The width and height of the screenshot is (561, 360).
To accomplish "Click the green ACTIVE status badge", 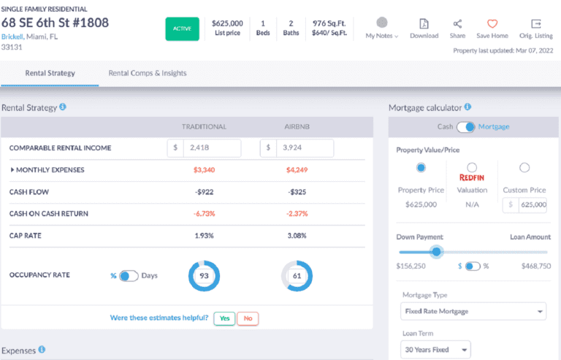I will [x=182, y=28].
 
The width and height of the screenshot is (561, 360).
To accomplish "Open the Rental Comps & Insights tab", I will [x=147, y=73].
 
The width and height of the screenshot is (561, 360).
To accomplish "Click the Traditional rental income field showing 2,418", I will [x=212, y=148].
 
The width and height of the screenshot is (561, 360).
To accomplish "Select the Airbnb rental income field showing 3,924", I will [x=304, y=148].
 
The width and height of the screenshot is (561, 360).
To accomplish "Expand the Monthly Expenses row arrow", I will [x=12, y=170].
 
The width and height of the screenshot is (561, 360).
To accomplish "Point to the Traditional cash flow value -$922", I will [x=205, y=191].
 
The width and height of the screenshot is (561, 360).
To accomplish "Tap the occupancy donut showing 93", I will [x=204, y=276].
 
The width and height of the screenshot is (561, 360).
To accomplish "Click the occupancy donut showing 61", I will [x=296, y=276].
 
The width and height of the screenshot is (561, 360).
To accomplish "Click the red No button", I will [x=248, y=318].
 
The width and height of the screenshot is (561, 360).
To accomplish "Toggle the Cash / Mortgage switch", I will [x=466, y=127].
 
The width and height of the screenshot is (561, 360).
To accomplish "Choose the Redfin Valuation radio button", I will [x=472, y=168].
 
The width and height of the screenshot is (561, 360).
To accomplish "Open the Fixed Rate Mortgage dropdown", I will [x=473, y=312].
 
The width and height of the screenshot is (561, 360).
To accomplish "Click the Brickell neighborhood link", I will [x=12, y=36].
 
